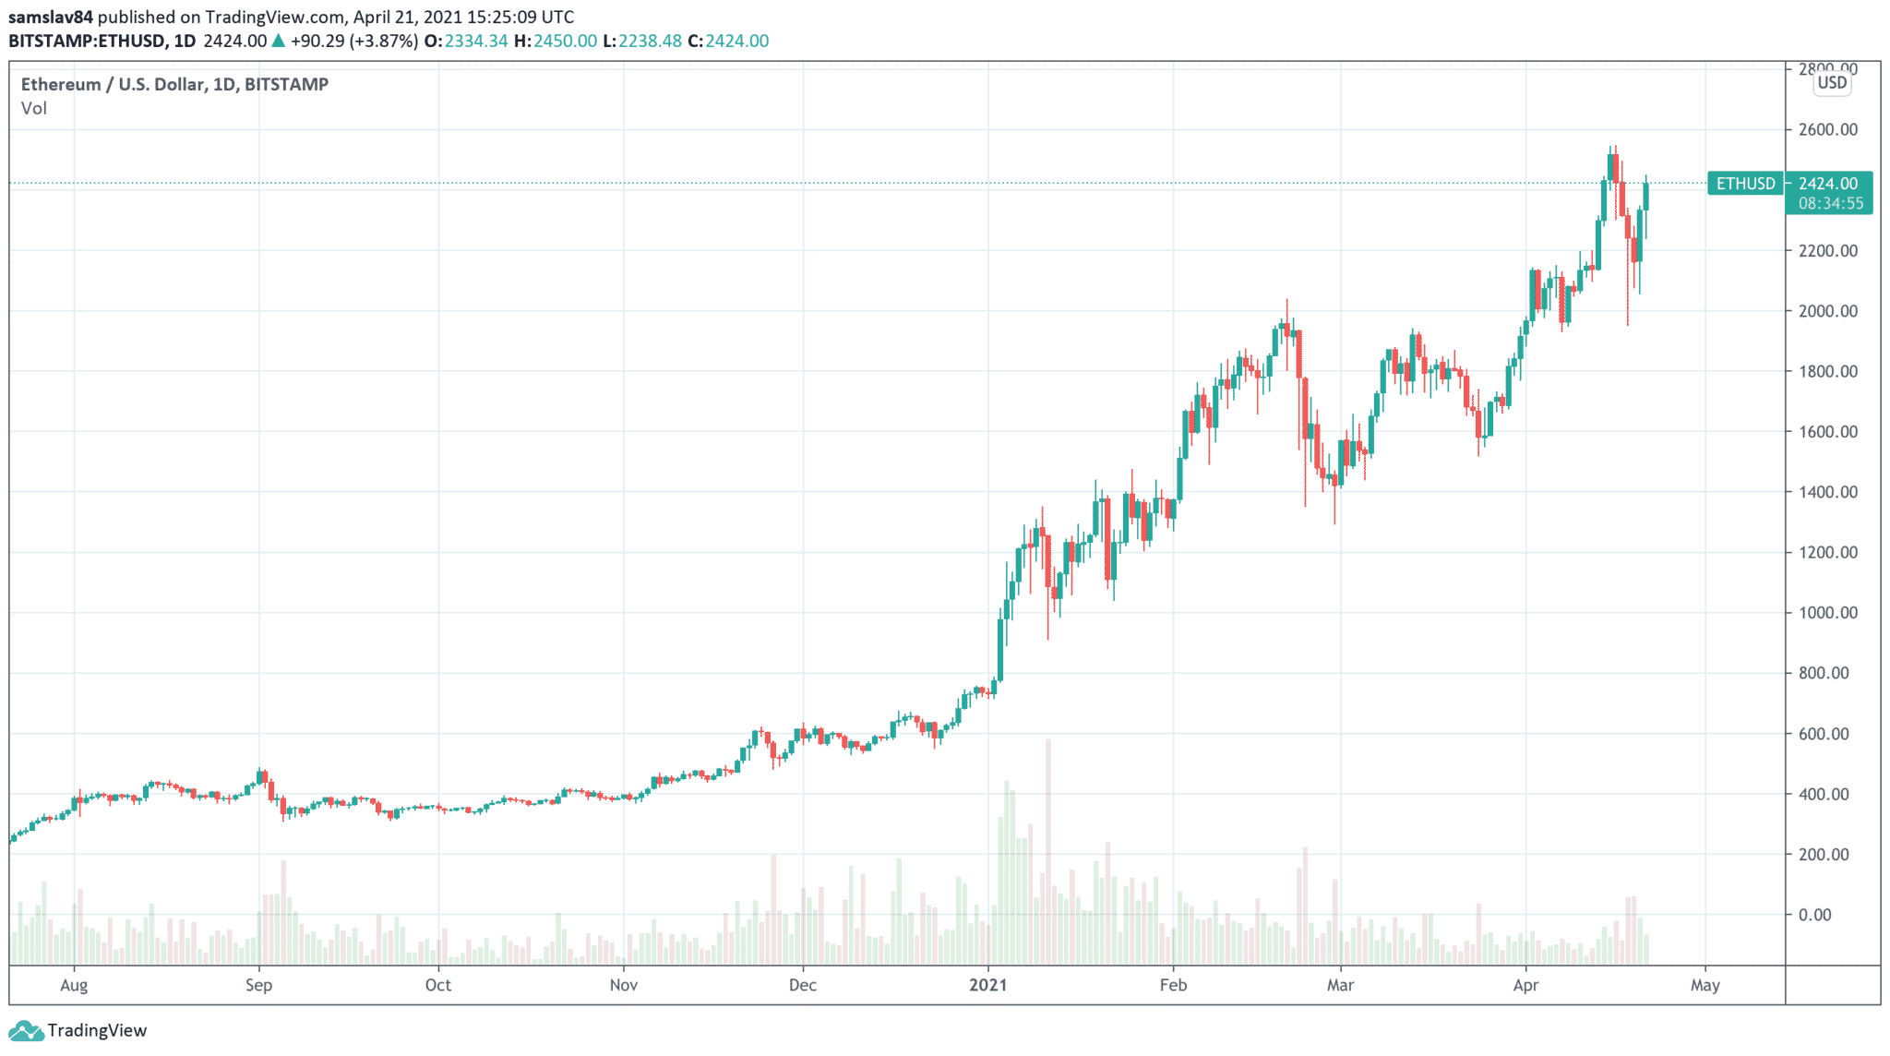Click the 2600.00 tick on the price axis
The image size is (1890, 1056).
(1827, 129)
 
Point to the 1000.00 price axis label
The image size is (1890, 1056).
(1827, 613)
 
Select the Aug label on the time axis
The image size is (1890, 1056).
(74, 985)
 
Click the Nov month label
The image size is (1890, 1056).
(624, 985)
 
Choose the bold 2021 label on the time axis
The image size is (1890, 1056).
(987, 985)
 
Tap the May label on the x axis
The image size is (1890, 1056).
(1705, 985)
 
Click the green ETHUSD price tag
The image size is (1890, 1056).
(1745, 184)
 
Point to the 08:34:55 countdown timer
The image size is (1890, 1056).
(1830, 203)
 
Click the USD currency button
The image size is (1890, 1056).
(1832, 82)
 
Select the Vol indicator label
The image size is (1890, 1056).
(34, 108)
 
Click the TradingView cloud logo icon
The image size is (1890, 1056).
(25, 1030)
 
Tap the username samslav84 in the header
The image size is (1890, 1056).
(51, 17)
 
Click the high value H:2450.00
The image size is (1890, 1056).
(555, 41)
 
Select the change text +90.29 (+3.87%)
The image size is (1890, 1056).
(353, 41)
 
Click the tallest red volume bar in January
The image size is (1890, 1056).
(1047, 849)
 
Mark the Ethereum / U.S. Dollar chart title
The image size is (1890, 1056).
(174, 84)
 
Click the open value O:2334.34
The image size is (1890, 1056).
(466, 41)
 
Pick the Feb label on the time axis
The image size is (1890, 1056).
(1173, 985)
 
